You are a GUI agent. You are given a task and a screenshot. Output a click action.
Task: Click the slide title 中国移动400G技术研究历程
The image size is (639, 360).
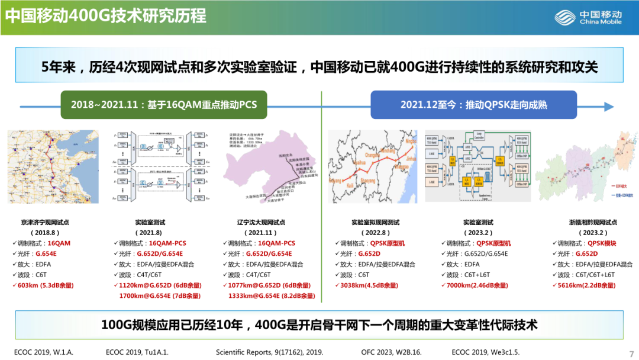(106, 15)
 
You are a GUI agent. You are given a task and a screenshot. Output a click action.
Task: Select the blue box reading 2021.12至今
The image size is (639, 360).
(473, 105)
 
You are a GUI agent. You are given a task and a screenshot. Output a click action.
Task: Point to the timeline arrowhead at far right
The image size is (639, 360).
(609, 106)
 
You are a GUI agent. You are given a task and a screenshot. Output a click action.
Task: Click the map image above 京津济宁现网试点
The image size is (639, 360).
(53, 167)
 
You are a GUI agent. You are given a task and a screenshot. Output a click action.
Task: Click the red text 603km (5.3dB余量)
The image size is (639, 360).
(46, 285)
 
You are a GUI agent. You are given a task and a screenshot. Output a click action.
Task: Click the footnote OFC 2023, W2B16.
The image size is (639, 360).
(391, 352)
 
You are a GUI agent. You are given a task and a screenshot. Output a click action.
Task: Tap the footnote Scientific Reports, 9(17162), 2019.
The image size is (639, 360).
(269, 352)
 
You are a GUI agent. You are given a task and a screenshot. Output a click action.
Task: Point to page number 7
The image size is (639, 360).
(631, 351)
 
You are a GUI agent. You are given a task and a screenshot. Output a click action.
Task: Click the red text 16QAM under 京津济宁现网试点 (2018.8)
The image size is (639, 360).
(59, 243)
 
